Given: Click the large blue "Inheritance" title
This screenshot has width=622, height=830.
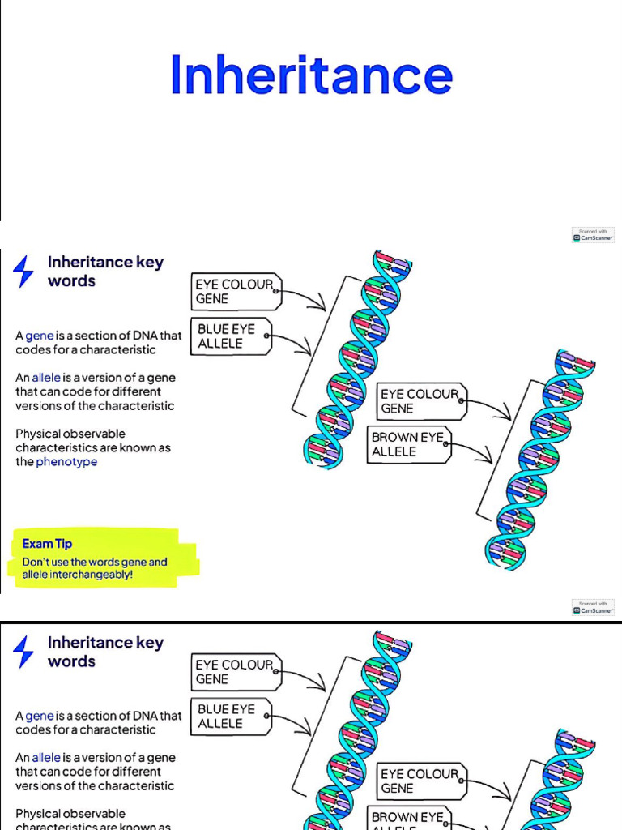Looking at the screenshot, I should [x=311, y=75].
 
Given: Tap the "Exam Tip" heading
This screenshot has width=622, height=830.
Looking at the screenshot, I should [x=47, y=544].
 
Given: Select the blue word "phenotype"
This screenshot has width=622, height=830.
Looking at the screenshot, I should [x=66, y=462].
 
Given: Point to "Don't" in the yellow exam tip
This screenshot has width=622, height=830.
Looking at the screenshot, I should [x=36, y=562].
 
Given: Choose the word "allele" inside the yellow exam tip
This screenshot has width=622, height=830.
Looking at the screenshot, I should [x=36, y=575].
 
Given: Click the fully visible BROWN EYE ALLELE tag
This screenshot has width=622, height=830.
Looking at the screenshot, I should [x=408, y=444].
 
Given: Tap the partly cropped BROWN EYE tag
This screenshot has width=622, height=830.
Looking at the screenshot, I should [x=408, y=818].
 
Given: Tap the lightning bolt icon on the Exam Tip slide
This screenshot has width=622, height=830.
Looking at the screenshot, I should [x=24, y=271].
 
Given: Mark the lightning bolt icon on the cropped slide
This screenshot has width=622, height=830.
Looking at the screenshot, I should [x=24, y=651].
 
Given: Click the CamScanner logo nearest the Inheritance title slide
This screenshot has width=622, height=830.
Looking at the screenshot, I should [x=593, y=236].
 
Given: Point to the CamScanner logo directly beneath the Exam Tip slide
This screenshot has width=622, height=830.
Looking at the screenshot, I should [x=593, y=607].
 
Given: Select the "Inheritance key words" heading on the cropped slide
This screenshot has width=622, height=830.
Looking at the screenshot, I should [x=105, y=652].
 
